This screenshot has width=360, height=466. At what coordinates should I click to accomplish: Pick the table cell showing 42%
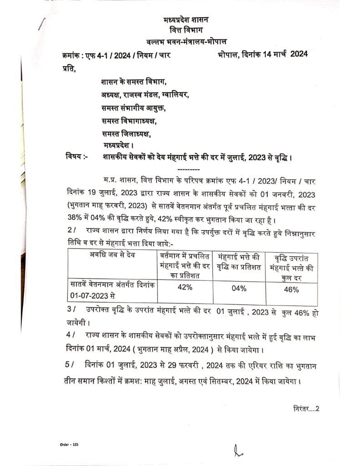click(183, 288)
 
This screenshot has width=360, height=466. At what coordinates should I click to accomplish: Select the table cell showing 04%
click(238, 289)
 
